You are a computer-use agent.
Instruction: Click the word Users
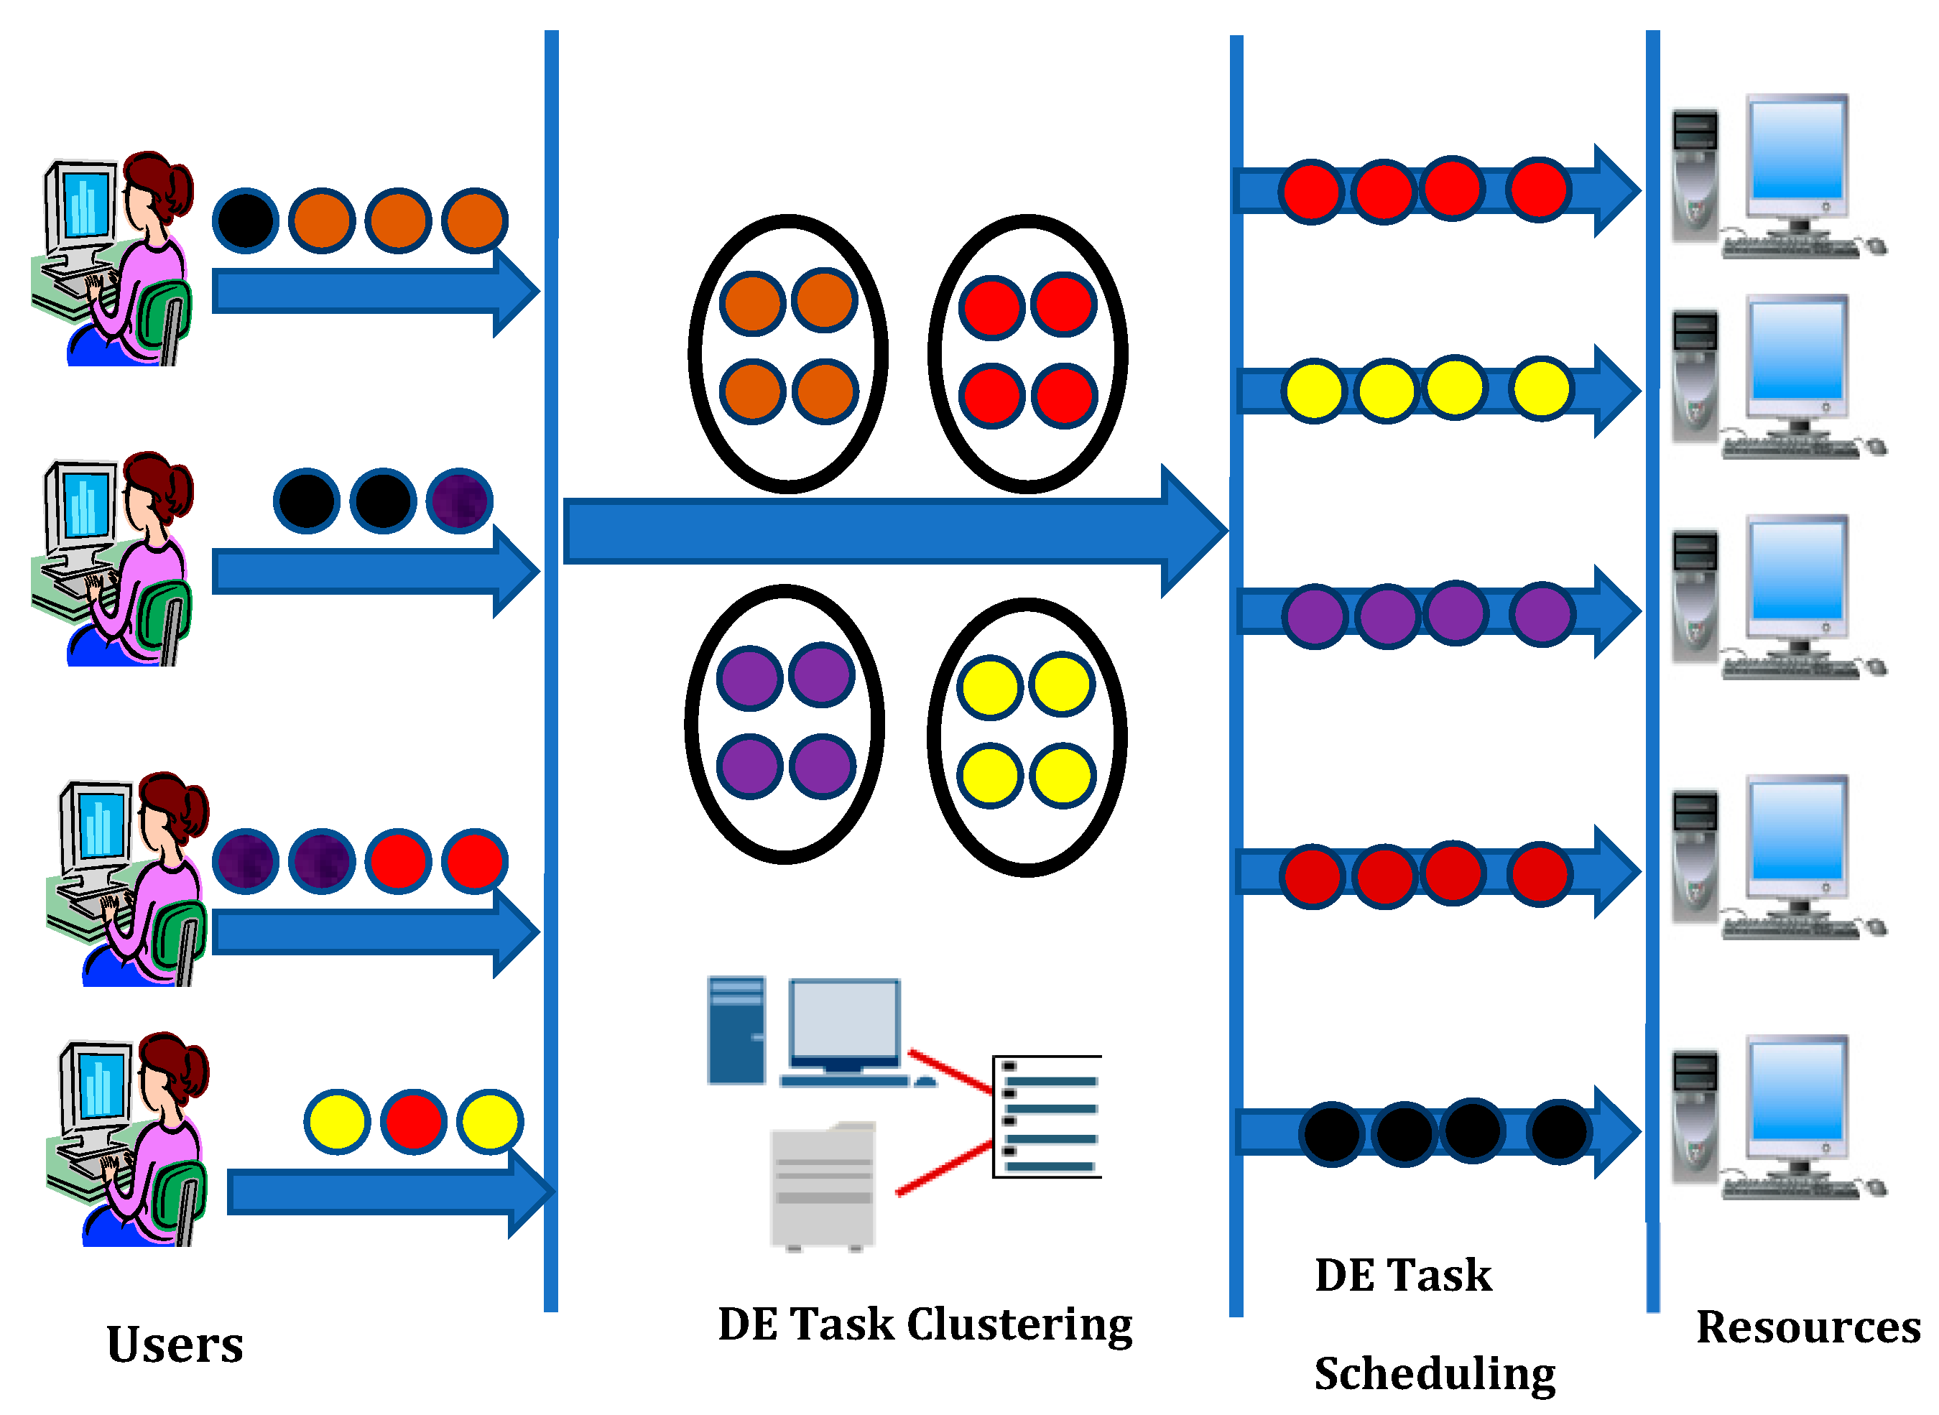175,1345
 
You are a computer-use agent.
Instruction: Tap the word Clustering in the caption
1019,1324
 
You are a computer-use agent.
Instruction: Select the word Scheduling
1435,1374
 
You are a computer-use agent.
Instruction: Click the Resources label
1807,1327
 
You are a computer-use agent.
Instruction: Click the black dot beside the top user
245,220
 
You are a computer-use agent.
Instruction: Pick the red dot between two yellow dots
414,1121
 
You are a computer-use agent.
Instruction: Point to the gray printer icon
822,1187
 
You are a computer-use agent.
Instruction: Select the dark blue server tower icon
736,1031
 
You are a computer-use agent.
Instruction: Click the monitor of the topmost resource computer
1796,152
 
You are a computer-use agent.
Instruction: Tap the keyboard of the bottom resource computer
1790,1188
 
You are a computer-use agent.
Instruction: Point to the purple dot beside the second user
460,501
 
